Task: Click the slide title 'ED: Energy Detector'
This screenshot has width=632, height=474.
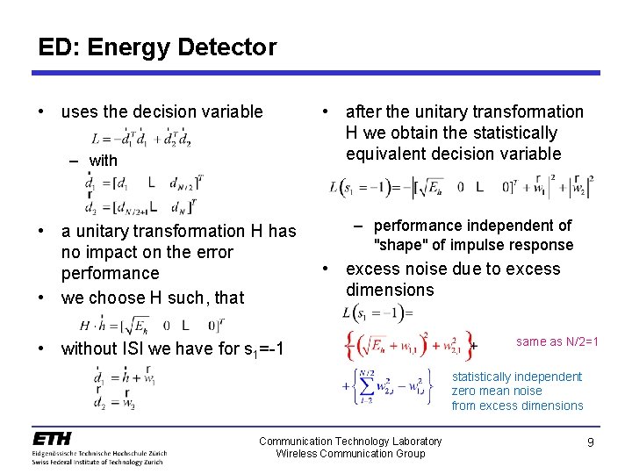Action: [x=157, y=47]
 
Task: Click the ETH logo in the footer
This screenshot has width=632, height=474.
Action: [x=53, y=438]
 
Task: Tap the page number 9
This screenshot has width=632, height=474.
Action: [x=591, y=442]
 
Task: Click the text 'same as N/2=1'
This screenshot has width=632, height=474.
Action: [x=557, y=341]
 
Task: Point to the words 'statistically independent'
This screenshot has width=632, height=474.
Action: [x=516, y=377]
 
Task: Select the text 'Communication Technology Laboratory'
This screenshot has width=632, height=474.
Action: [x=350, y=441]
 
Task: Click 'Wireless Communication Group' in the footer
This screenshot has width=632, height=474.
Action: [x=350, y=454]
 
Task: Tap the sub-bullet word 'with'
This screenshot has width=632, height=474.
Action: [x=103, y=161]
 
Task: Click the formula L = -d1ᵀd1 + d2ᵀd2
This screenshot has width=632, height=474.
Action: [x=140, y=138]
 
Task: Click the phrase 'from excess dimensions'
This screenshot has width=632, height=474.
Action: [x=517, y=406]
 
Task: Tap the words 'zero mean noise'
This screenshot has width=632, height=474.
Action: [x=497, y=391]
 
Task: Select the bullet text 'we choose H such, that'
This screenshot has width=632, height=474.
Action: [x=152, y=298]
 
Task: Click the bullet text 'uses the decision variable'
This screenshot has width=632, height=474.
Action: [x=162, y=111]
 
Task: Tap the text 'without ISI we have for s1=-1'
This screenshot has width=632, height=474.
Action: [x=172, y=348]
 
